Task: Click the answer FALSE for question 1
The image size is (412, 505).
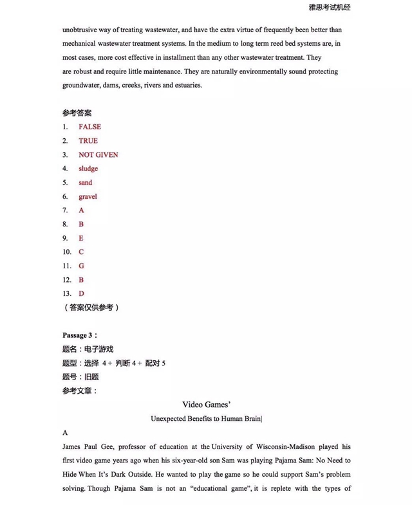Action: click(x=89, y=127)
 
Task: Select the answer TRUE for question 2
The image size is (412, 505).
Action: click(x=88, y=141)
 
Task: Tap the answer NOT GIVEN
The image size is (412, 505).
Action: click(x=98, y=155)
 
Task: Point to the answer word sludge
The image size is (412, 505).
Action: click(x=88, y=169)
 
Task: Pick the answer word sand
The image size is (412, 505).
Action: click(x=86, y=183)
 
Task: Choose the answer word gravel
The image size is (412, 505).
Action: click(x=88, y=197)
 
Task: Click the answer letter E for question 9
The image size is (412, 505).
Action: click(x=81, y=238)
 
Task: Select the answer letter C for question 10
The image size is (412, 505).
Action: click(x=81, y=252)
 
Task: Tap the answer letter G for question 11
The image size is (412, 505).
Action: click(x=82, y=266)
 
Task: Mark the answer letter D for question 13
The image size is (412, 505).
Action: click(x=82, y=294)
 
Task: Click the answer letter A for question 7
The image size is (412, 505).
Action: click(x=82, y=210)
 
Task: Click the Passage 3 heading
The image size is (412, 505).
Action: click(x=80, y=335)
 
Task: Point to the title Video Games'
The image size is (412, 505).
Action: click(x=206, y=405)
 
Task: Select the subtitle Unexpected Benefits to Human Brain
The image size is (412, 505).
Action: click(x=206, y=419)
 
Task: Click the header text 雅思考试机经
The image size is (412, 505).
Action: click(x=330, y=8)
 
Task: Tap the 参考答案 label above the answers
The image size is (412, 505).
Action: click(x=77, y=113)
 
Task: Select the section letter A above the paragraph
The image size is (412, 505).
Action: click(x=65, y=433)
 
